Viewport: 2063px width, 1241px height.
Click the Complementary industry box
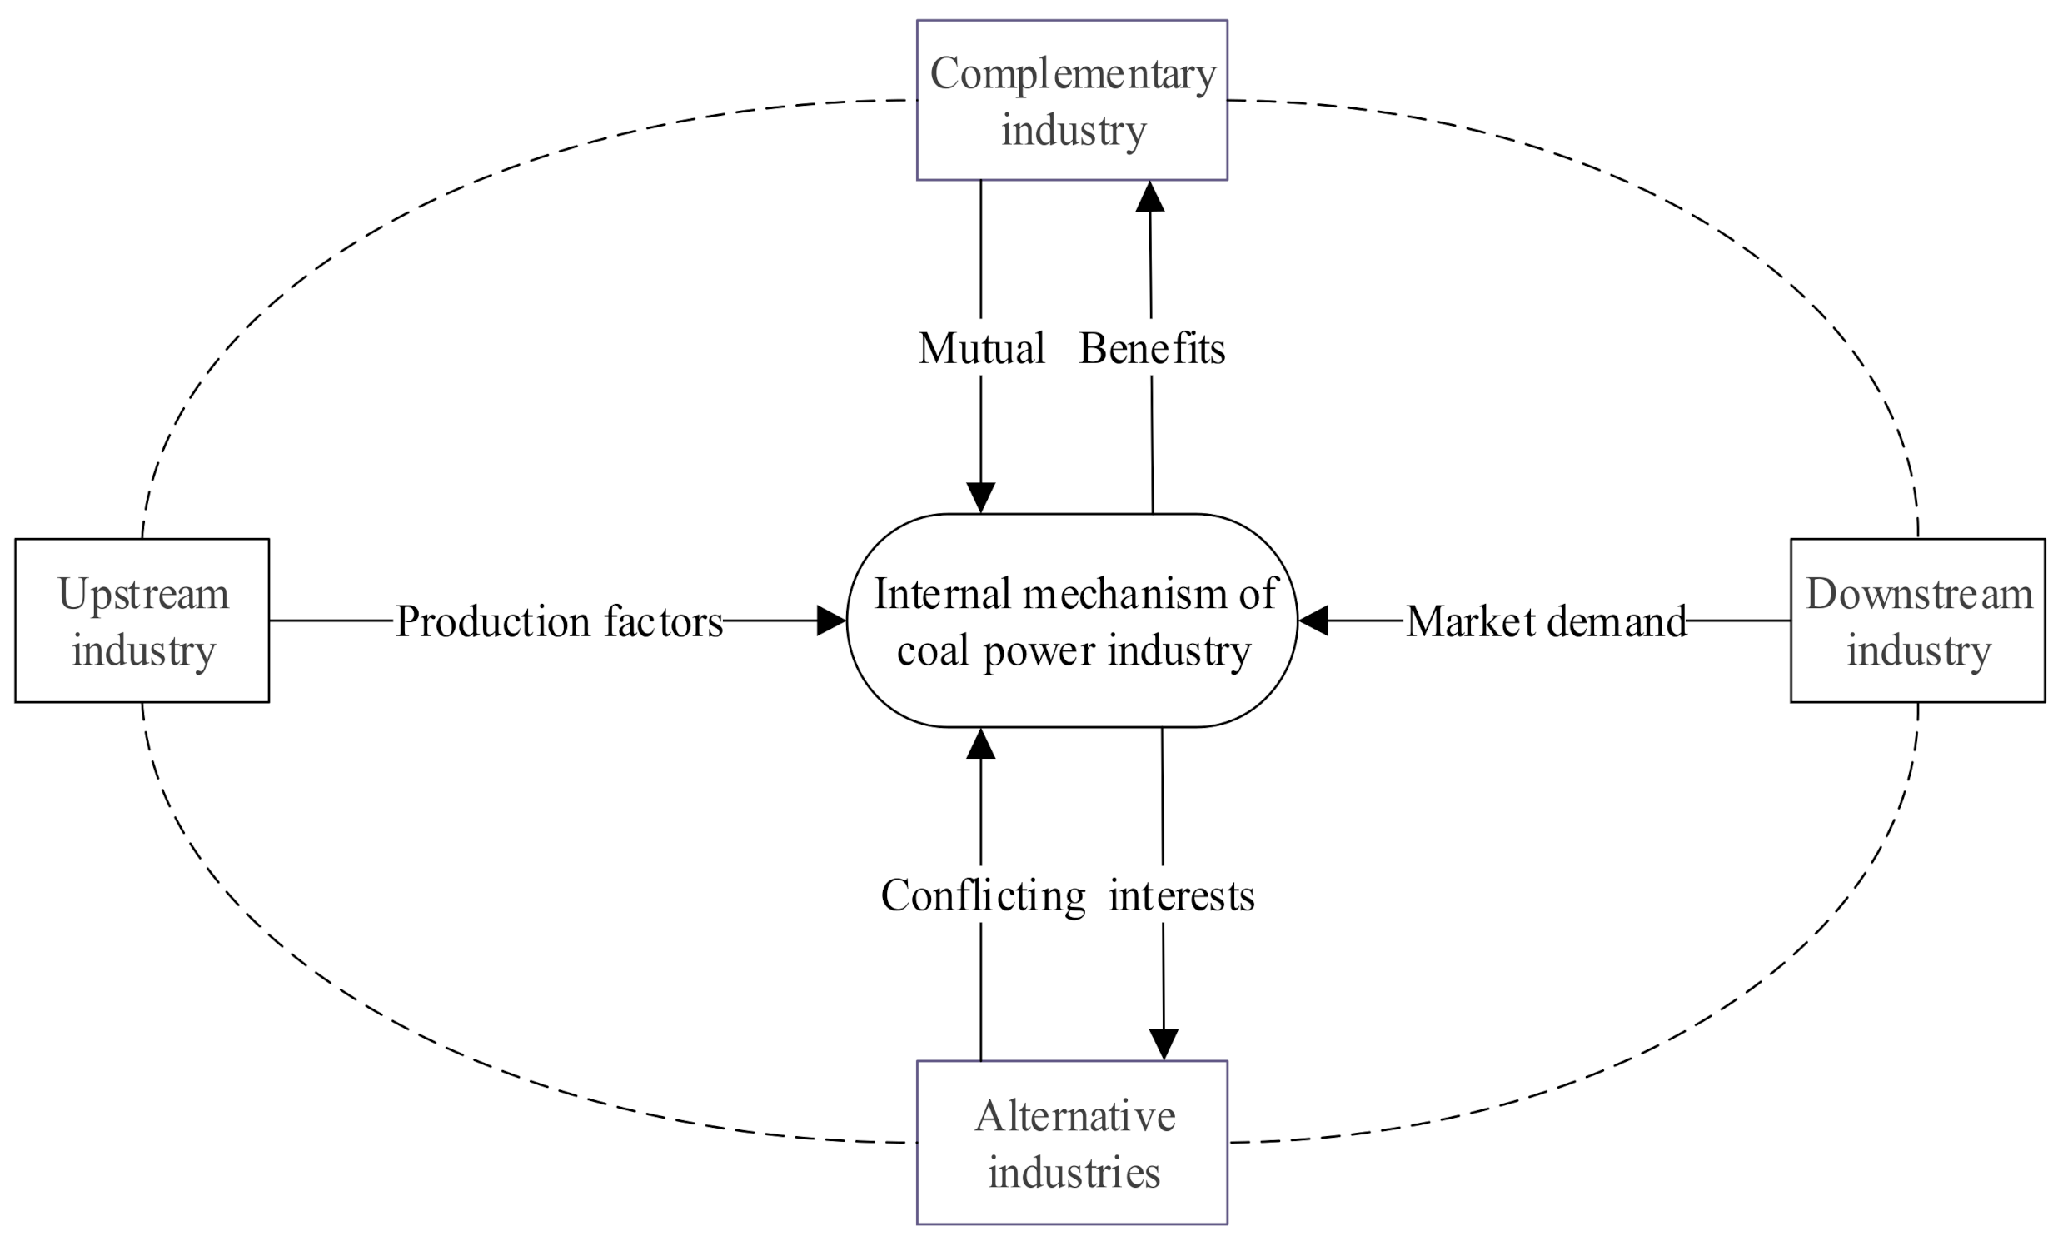point(1071,99)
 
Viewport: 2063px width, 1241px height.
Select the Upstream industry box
point(142,620)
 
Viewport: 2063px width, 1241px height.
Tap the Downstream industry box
point(1917,620)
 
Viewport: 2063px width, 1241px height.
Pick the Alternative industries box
point(1071,1143)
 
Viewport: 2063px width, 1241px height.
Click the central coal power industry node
point(1071,620)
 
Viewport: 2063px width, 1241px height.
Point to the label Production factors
point(559,621)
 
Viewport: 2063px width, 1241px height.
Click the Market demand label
point(1545,621)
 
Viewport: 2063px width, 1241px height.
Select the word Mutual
point(981,348)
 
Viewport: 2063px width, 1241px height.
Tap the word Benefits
point(1152,348)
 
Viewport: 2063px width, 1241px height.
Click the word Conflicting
point(983,895)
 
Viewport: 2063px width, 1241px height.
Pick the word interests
point(1181,895)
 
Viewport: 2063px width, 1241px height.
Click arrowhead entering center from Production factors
point(830,620)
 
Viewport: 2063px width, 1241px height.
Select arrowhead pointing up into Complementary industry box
point(1150,197)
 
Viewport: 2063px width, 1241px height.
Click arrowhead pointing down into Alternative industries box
point(1164,1044)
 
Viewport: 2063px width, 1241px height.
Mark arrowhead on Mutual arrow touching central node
point(980,497)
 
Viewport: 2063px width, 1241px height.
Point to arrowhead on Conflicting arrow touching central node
point(980,744)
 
